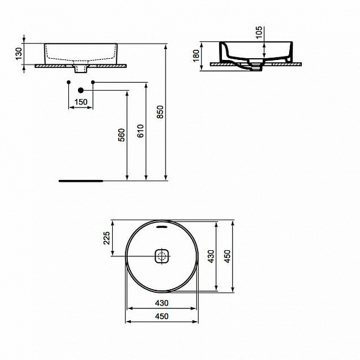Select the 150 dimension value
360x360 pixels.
point(80,102)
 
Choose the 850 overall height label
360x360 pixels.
point(160,112)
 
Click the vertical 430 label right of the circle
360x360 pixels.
point(210,256)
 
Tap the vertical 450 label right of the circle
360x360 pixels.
point(227,256)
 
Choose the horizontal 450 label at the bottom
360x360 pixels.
point(162,316)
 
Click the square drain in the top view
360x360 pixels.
point(163,256)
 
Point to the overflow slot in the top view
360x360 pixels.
point(163,227)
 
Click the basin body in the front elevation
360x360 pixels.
point(81,52)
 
